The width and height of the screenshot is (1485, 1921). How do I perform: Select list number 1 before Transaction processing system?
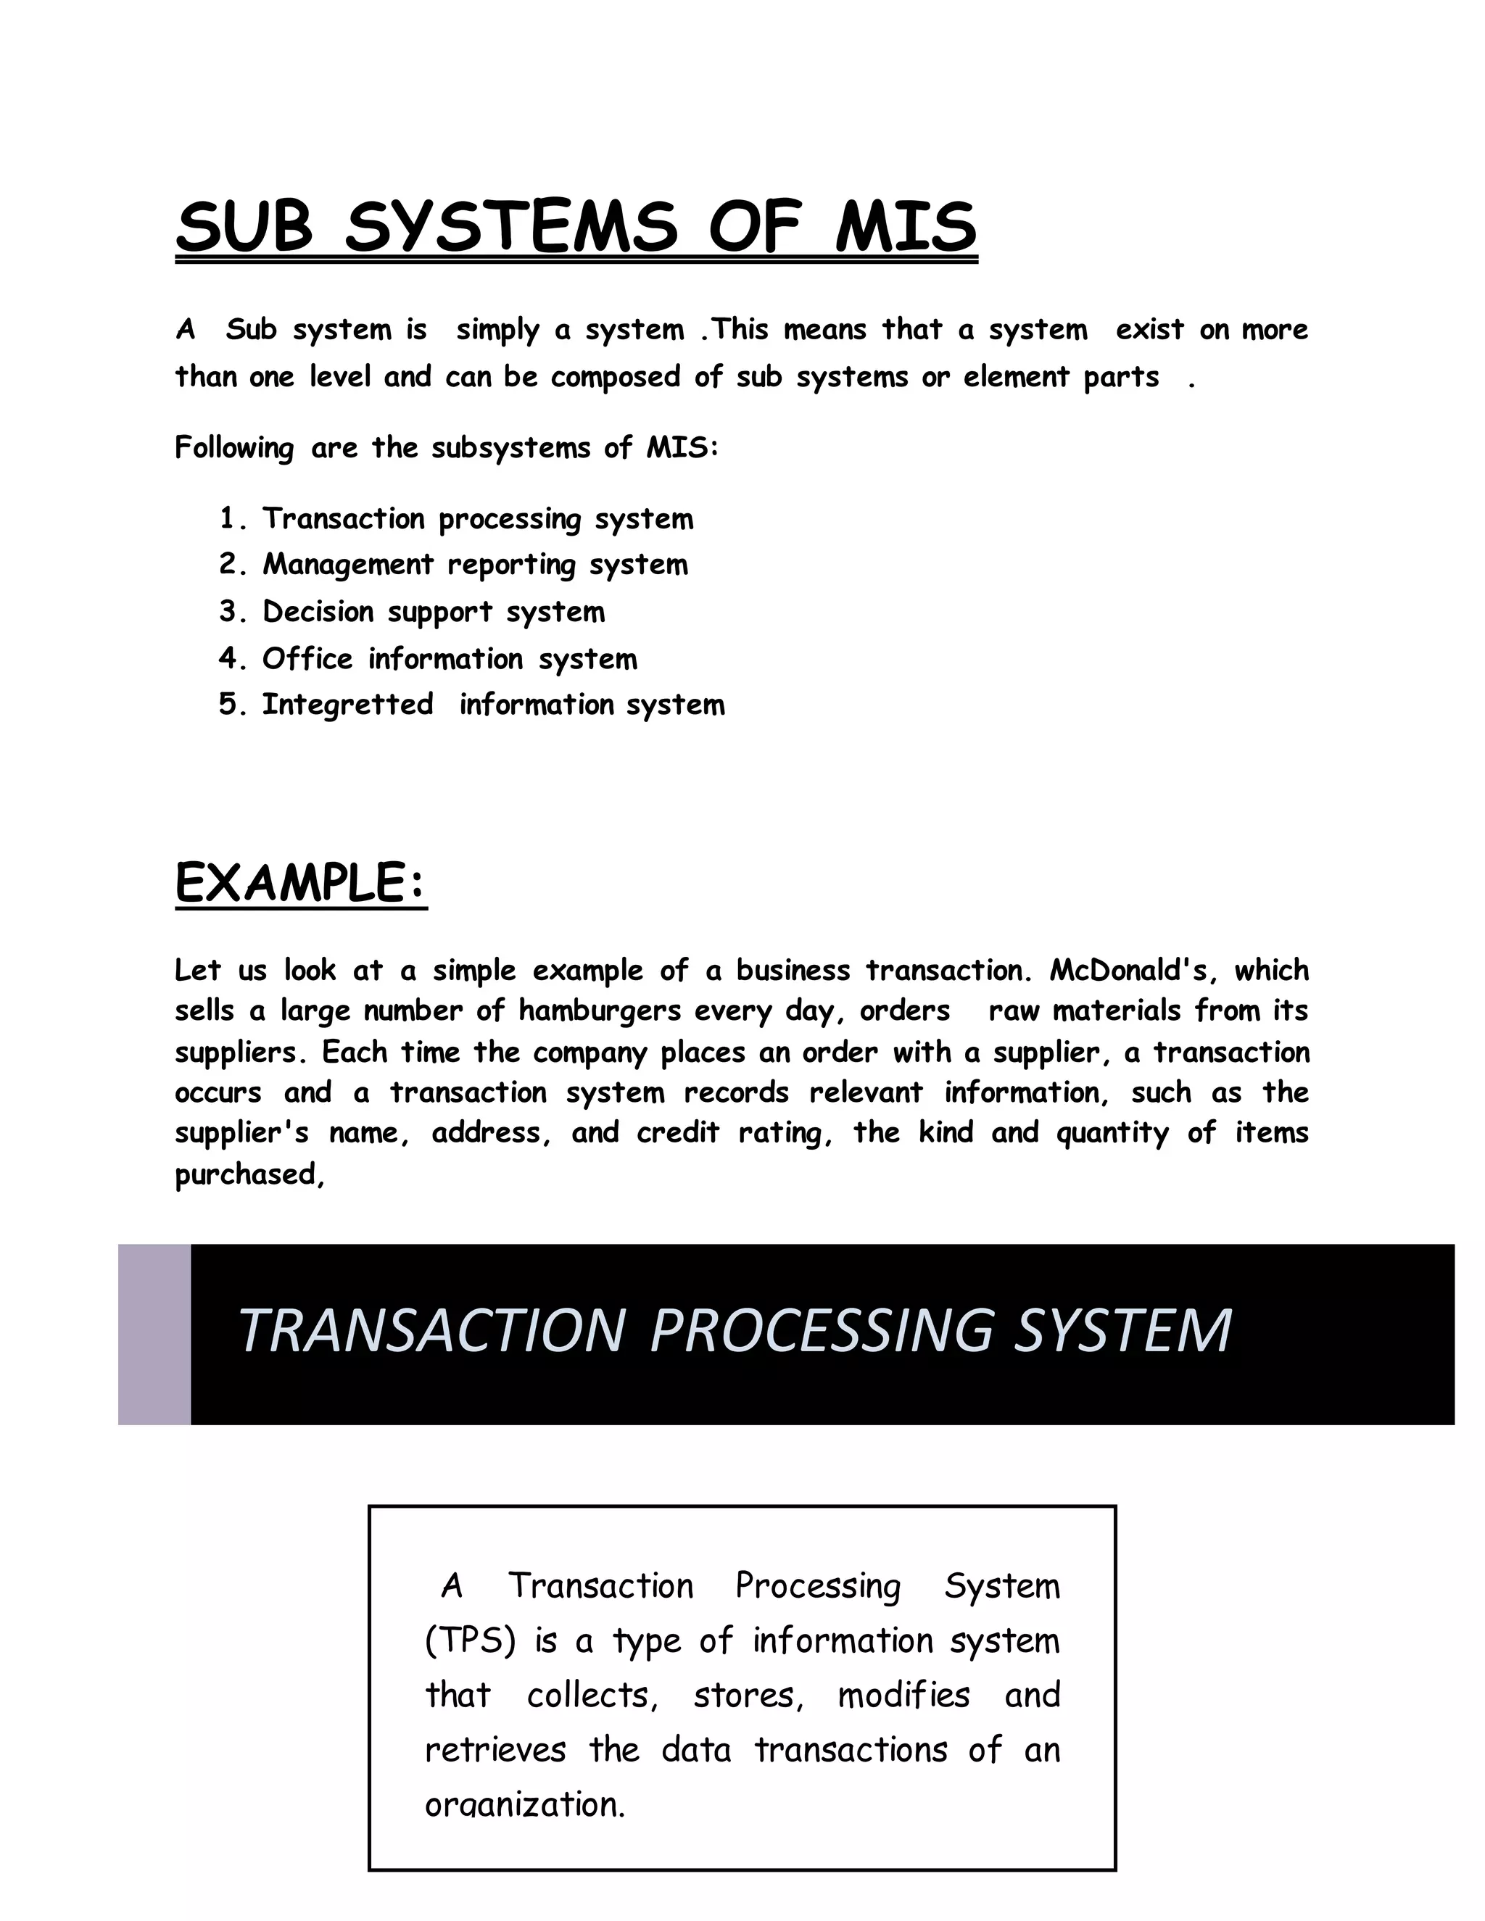point(231,519)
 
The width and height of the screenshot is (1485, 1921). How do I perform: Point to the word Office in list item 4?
point(307,658)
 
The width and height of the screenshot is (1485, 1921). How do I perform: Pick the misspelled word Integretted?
point(347,705)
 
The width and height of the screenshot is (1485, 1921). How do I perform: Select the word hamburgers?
point(599,1011)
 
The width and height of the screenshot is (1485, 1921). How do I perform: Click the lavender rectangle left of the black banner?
point(154,1335)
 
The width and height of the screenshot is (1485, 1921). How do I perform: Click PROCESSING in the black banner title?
point(822,1331)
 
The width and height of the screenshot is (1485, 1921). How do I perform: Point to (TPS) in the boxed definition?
point(470,1640)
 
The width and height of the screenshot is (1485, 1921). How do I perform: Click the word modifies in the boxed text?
point(903,1695)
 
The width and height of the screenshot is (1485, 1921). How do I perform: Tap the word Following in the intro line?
point(234,448)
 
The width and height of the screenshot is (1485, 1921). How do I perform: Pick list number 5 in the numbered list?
point(231,705)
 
